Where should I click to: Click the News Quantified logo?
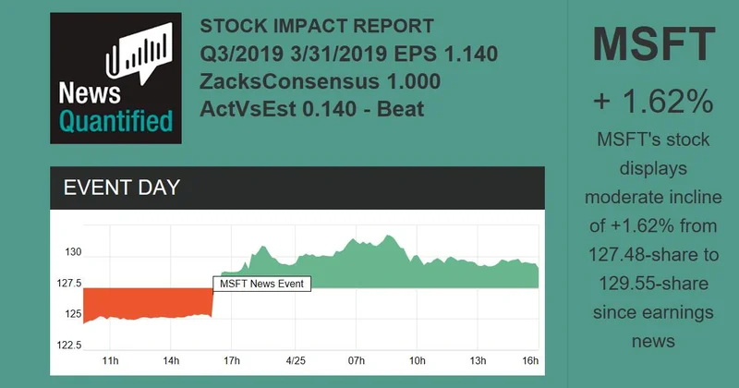(x=115, y=78)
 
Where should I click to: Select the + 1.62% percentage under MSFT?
(x=653, y=99)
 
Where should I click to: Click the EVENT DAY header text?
(x=121, y=188)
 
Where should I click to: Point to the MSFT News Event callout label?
(x=262, y=284)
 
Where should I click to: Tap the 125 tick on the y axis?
(x=70, y=315)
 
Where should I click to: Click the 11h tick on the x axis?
(x=110, y=359)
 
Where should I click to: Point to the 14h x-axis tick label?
(x=171, y=359)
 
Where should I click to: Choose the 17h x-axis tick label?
(x=232, y=359)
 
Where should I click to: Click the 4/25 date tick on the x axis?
(x=296, y=359)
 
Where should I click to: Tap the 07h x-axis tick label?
(x=357, y=359)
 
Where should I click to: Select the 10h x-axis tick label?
(x=418, y=359)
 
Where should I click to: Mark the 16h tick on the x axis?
(x=530, y=359)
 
